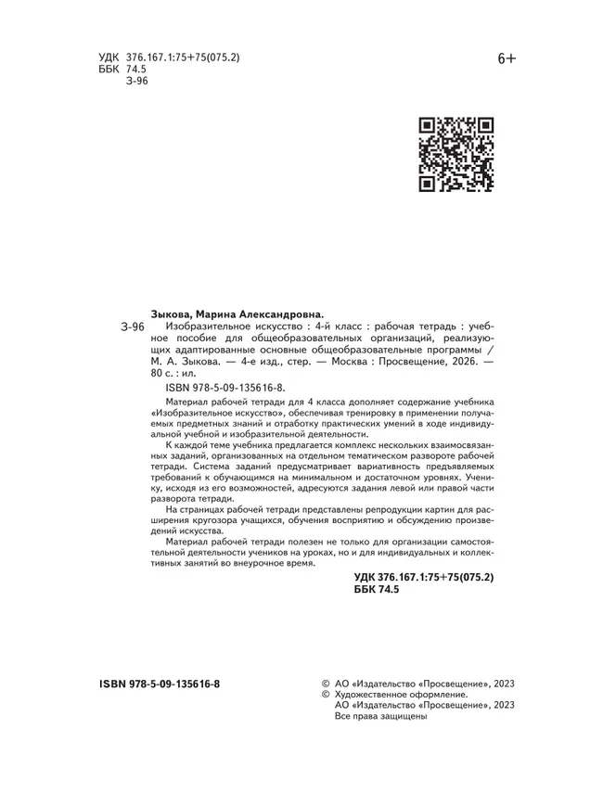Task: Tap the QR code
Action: [455, 154]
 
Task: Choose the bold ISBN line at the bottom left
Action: [160, 684]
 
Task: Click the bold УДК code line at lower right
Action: [424, 577]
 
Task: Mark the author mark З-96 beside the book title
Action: [134, 327]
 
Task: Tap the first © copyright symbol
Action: [324, 684]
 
